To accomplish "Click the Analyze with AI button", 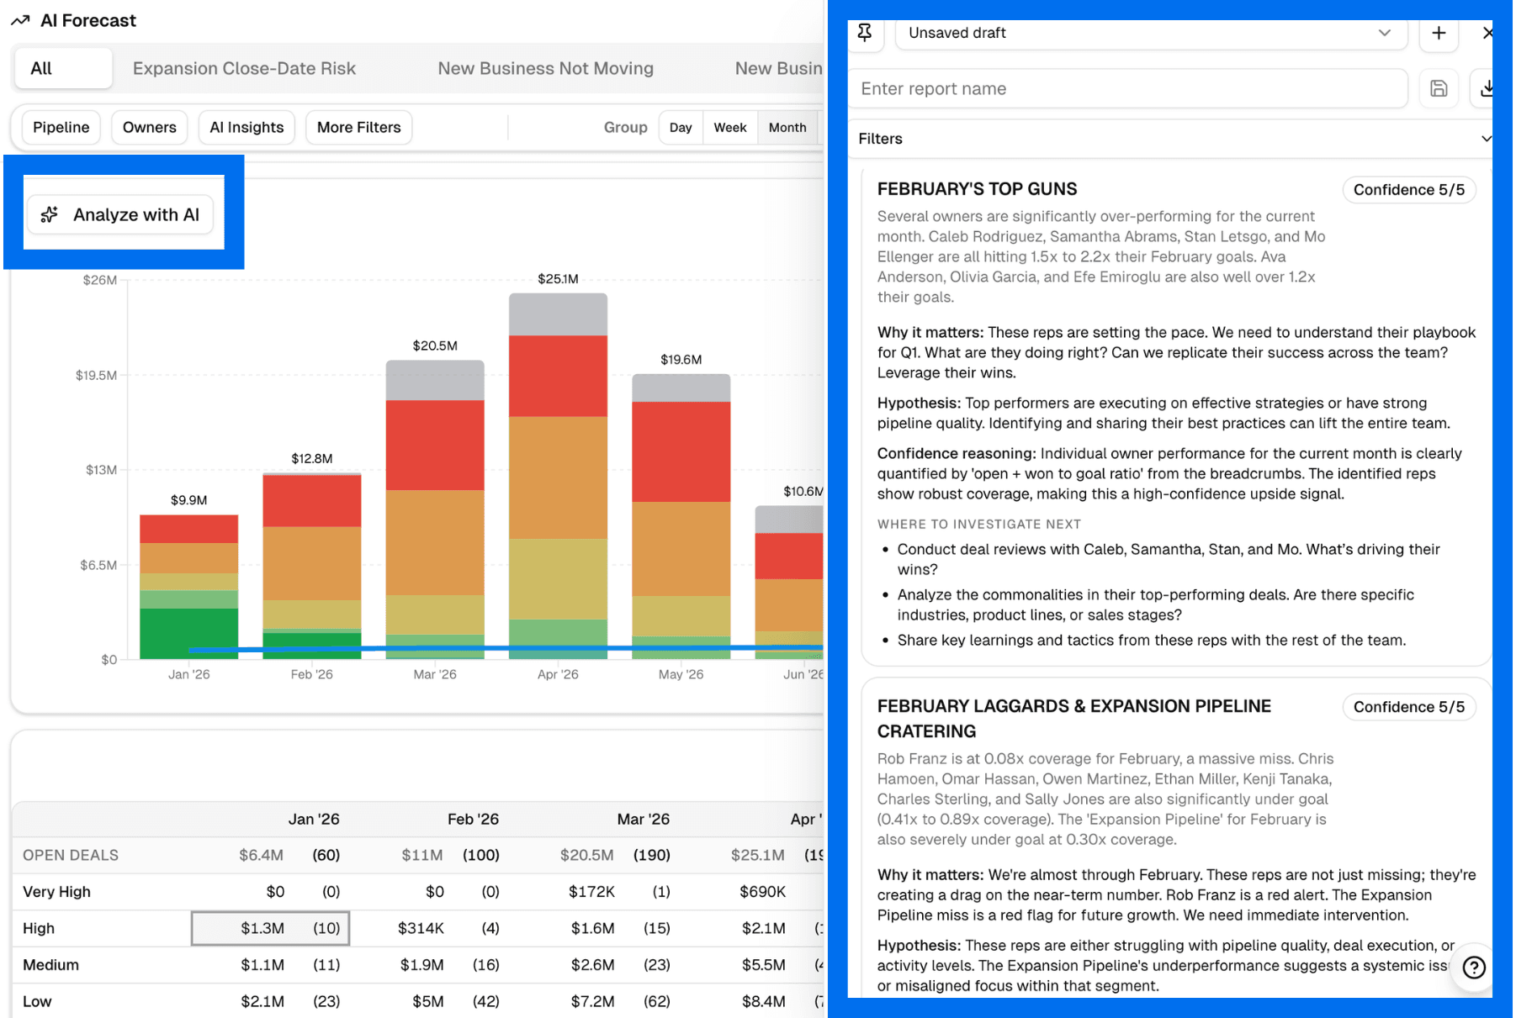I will (120, 214).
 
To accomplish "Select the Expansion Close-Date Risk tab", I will (244, 68).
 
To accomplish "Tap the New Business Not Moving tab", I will (545, 68).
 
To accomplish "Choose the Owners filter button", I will (149, 127).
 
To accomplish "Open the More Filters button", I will (358, 127).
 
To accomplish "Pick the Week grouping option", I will (729, 127).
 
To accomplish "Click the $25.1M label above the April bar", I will (558, 278).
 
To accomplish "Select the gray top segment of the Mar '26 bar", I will (435, 380).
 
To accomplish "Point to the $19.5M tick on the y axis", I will (97, 375).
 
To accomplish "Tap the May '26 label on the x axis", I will (681, 674).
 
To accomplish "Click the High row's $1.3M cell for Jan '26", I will (262, 928).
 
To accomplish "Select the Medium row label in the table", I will (51, 965).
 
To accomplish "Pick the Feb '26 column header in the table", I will (473, 819).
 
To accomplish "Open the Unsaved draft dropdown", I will (1149, 33).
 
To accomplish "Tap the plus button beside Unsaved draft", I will (1439, 33).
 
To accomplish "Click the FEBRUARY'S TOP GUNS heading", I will (977, 189).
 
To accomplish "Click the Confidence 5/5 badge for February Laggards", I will (1408, 707).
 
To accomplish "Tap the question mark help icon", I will (1473, 968).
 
